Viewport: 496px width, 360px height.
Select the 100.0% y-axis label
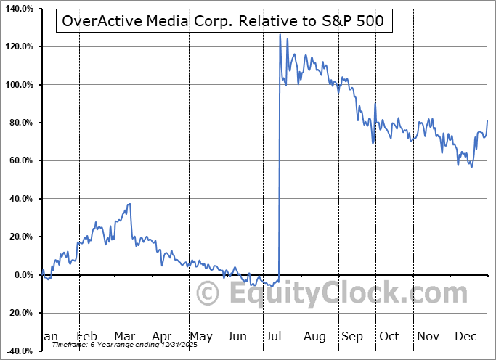tap(19, 85)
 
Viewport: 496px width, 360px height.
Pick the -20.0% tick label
tap(19, 313)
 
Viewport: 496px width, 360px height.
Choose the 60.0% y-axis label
tap(20, 161)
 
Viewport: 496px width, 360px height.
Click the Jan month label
tap(47, 337)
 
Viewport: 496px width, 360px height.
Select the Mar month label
tap(125, 337)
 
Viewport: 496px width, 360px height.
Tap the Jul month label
tap(275, 337)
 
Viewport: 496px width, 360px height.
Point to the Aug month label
tap(314, 337)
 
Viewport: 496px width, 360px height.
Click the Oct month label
tap(389, 337)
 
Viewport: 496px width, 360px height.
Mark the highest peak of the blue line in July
tap(280, 34)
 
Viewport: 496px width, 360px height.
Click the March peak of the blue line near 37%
tap(129, 204)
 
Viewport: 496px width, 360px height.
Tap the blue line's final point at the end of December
tap(487, 120)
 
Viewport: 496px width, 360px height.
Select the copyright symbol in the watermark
tap(208, 295)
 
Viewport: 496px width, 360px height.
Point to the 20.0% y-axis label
tap(20, 237)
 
